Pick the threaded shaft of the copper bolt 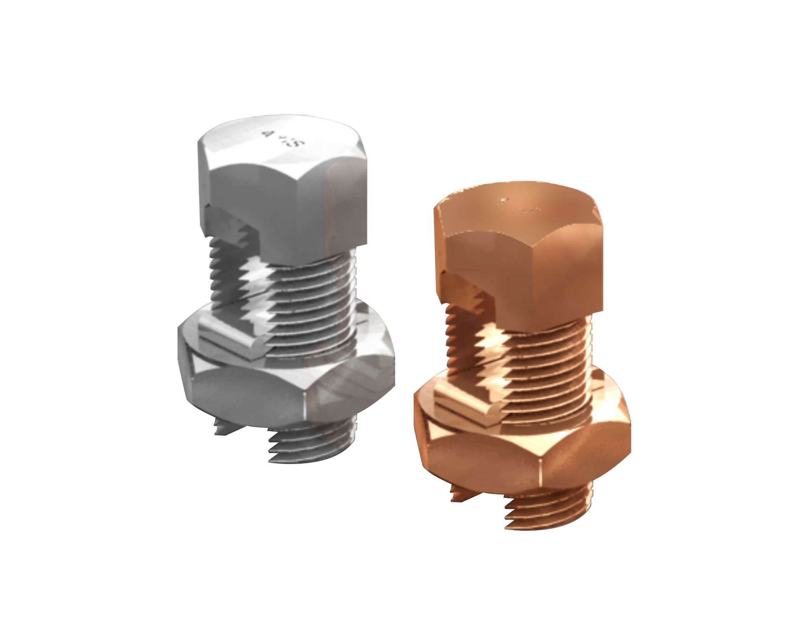pos(551,357)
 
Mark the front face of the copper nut pos(485,466)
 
